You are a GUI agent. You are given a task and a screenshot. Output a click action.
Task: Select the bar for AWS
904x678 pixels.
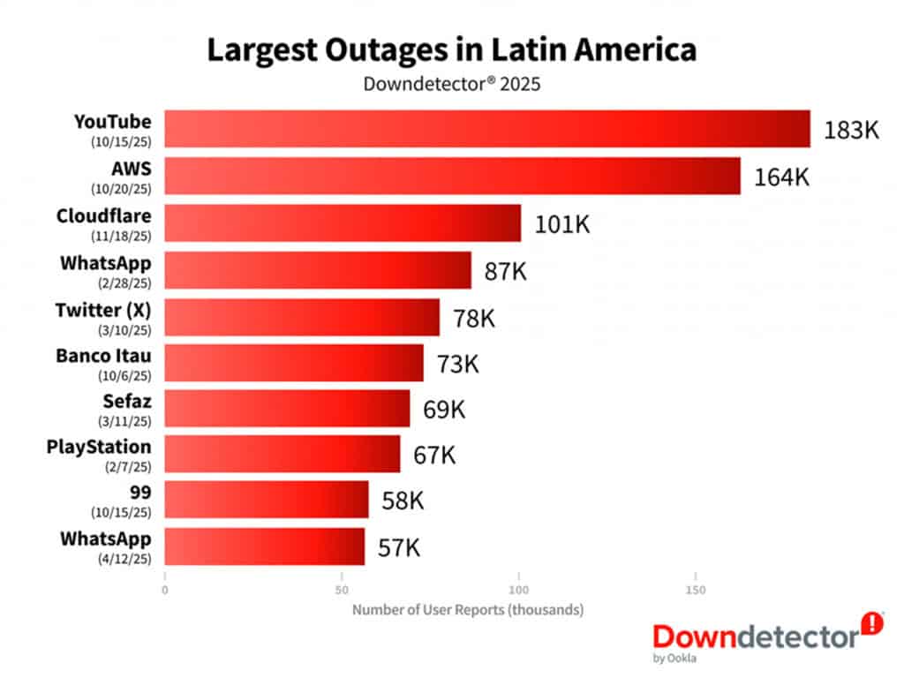pyautogui.click(x=452, y=176)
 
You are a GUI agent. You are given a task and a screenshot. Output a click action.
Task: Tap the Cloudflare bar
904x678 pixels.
pyautogui.click(x=343, y=222)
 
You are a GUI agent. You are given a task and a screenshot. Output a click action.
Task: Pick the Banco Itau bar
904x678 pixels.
pyautogui.click(x=294, y=363)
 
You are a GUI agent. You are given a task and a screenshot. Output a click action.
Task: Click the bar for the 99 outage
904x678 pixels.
pyautogui.click(x=267, y=500)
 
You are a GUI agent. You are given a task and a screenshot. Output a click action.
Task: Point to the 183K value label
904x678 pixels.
pyautogui.click(x=852, y=130)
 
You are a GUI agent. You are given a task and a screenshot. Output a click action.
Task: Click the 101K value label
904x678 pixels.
pyautogui.click(x=562, y=223)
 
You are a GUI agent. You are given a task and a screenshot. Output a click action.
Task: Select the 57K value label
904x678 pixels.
pyautogui.click(x=399, y=547)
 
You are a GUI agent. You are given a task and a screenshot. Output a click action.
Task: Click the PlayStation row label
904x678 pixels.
pyautogui.click(x=99, y=447)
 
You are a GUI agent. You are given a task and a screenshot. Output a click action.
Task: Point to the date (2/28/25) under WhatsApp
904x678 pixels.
pyautogui.click(x=120, y=282)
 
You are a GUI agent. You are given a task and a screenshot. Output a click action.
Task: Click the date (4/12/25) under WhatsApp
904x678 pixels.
pyautogui.click(x=120, y=558)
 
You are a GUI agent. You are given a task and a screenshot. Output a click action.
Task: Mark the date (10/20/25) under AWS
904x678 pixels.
pyautogui.click(x=120, y=189)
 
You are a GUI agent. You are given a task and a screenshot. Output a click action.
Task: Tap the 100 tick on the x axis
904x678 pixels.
pyautogui.click(x=519, y=588)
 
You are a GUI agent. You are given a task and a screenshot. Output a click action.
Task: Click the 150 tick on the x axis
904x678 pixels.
pyautogui.click(x=696, y=588)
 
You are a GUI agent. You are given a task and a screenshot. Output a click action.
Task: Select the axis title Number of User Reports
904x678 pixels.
pyautogui.click(x=468, y=610)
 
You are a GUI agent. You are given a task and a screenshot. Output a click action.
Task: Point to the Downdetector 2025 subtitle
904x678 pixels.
pyautogui.click(x=451, y=85)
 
